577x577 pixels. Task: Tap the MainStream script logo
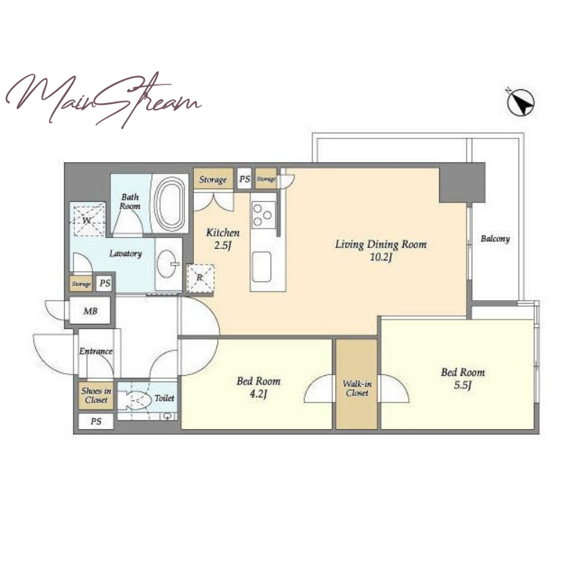[x=103, y=100]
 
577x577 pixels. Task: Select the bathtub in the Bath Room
[x=169, y=203]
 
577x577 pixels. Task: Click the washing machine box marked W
[x=87, y=221]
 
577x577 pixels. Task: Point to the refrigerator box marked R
[x=201, y=278]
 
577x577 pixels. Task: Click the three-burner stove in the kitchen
[x=263, y=215]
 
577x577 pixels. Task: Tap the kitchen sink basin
[x=262, y=267]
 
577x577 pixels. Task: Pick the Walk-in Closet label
[x=357, y=388]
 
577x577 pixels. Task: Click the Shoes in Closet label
[x=96, y=395]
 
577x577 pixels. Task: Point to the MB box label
[x=91, y=312]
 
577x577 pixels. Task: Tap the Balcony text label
[x=495, y=239]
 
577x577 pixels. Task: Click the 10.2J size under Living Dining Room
[x=381, y=257]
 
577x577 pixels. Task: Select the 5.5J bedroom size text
[x=463, y=385]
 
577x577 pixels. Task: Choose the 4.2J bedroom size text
[x=258, y=394]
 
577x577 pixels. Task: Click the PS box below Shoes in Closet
[x=96, y=421]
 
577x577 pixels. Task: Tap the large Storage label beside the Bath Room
[x=213, y=180]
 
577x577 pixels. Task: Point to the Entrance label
[x=96, y=351]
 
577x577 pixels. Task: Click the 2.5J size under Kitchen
[x=223, y=245]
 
